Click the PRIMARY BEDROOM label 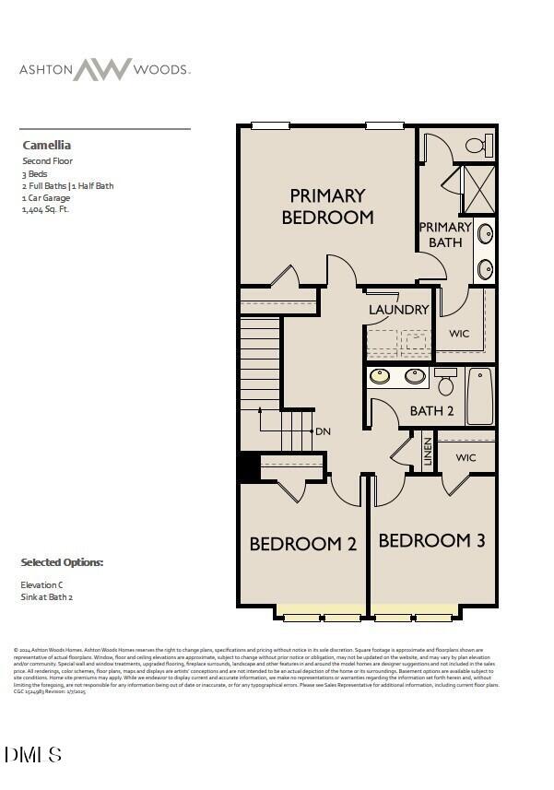tap(327, 206)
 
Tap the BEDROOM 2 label tap(302, 544)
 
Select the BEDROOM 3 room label tap(431, 540)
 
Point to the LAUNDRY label tap(398, 310)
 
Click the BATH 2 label tap(431, 411)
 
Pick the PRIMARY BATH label tap(445, 234)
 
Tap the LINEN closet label tap(428, 451)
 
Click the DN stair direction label tap(323, 431)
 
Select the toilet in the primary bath tap(477, 145)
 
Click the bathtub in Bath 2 tap(479, 396)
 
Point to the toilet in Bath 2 tap(445, 379)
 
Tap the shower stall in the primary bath tap(477, 188)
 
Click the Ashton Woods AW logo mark tap(102, 69)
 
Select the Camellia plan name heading tap(46, 145)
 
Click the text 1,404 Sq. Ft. tap(45, 209)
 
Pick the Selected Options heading tap(62, 562)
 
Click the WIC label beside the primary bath tap(459, 334)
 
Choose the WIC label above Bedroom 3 tap(466, 457)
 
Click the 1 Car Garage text tap(46, 197)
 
